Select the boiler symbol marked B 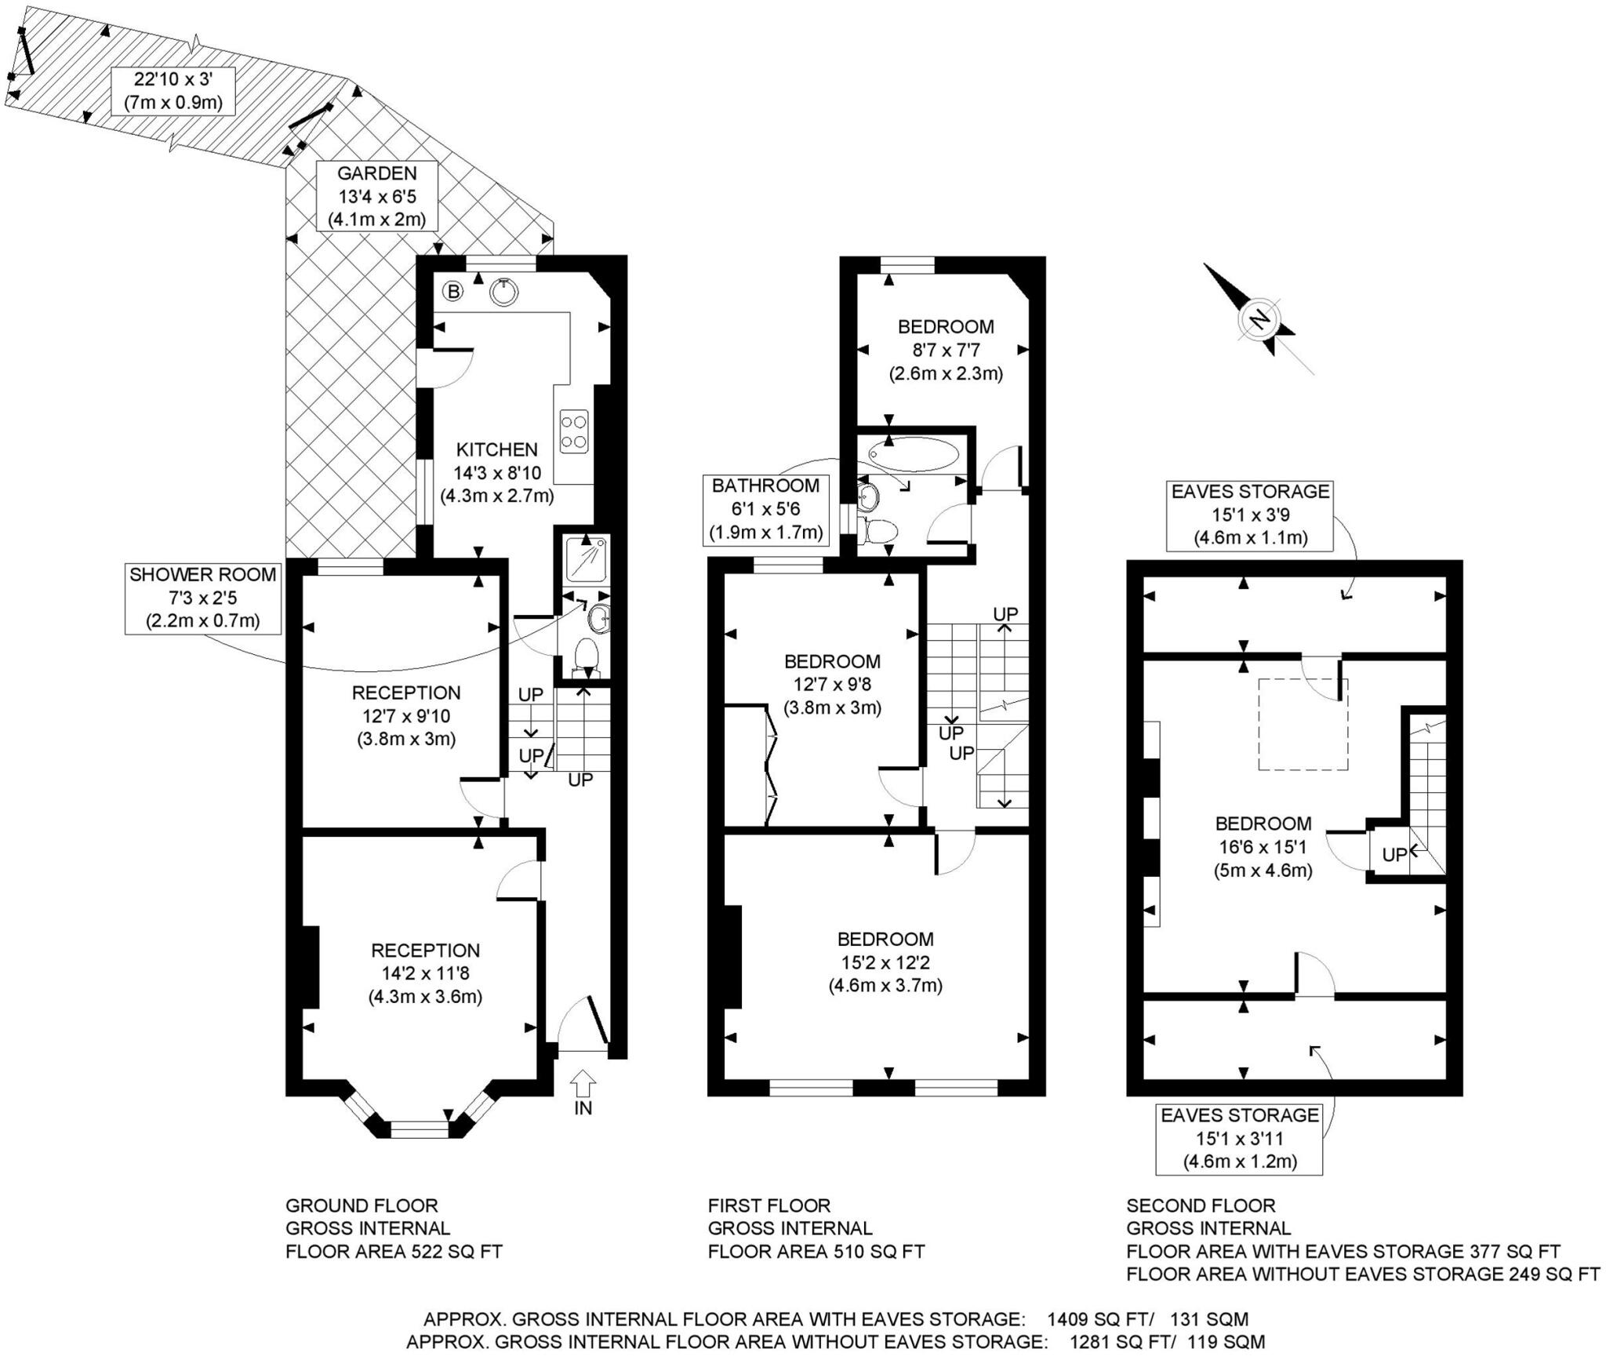452,292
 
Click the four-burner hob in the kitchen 574,431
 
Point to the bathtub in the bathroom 913,454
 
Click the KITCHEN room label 496,449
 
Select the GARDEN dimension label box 376,196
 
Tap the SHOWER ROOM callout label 203,598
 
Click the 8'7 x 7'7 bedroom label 946,350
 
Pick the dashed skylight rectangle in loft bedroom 1303,725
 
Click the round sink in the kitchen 504,292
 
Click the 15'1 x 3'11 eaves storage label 1239,1138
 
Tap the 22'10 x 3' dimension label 173,90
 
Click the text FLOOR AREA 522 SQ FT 394,1251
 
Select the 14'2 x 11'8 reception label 425,973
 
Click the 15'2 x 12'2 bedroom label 885,962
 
